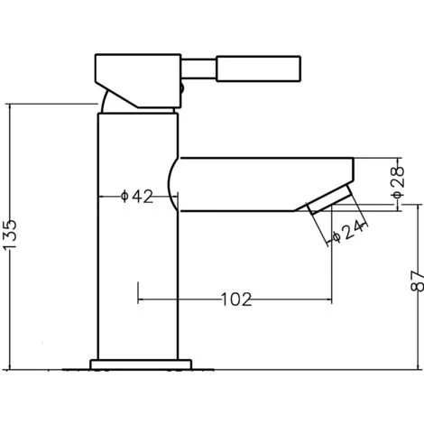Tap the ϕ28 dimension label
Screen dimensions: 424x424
pos(399,180)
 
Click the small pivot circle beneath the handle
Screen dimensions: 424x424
pos(181,89)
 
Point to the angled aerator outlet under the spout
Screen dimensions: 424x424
pos(328,199)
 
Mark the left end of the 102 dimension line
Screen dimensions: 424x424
pos(137,298)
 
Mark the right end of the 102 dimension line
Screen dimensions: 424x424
pos(330,298)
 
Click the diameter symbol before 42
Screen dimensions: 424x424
pos(125,196)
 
